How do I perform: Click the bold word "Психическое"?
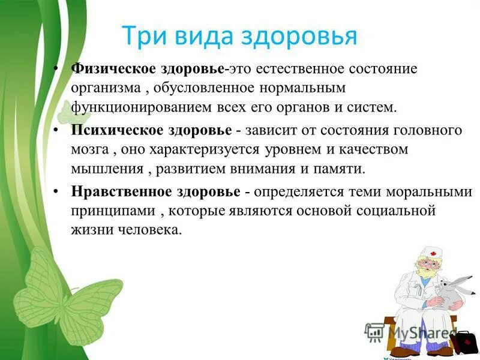point(108,131)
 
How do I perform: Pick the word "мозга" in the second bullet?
point(88,150)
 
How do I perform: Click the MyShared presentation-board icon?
point(374,332)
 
